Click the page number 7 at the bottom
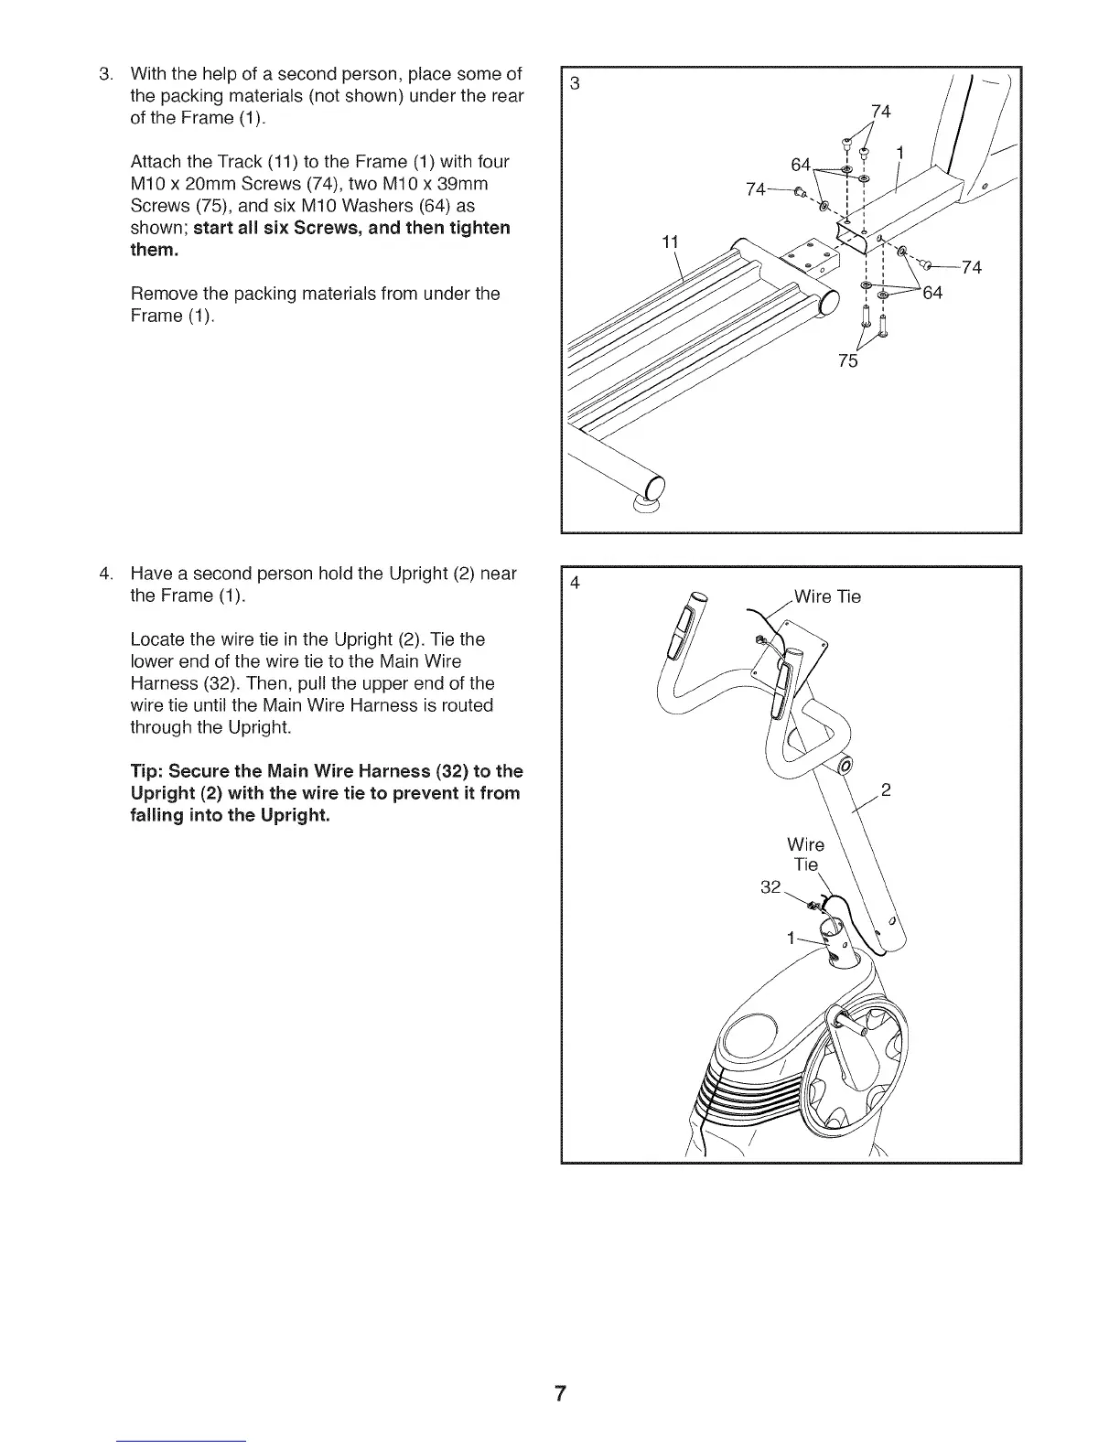(560, 1394)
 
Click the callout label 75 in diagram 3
(848, 360)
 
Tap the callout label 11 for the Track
(670, 242)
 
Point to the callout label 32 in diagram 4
(771, 886)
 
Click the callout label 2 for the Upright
(885, 790)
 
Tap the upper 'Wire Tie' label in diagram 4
(827, 597)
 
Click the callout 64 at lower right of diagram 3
(932, 293)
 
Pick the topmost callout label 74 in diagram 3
(880, 112)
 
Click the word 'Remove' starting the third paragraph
(163, 294)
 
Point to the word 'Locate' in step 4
(158, 639)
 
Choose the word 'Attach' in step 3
(156, 162)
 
